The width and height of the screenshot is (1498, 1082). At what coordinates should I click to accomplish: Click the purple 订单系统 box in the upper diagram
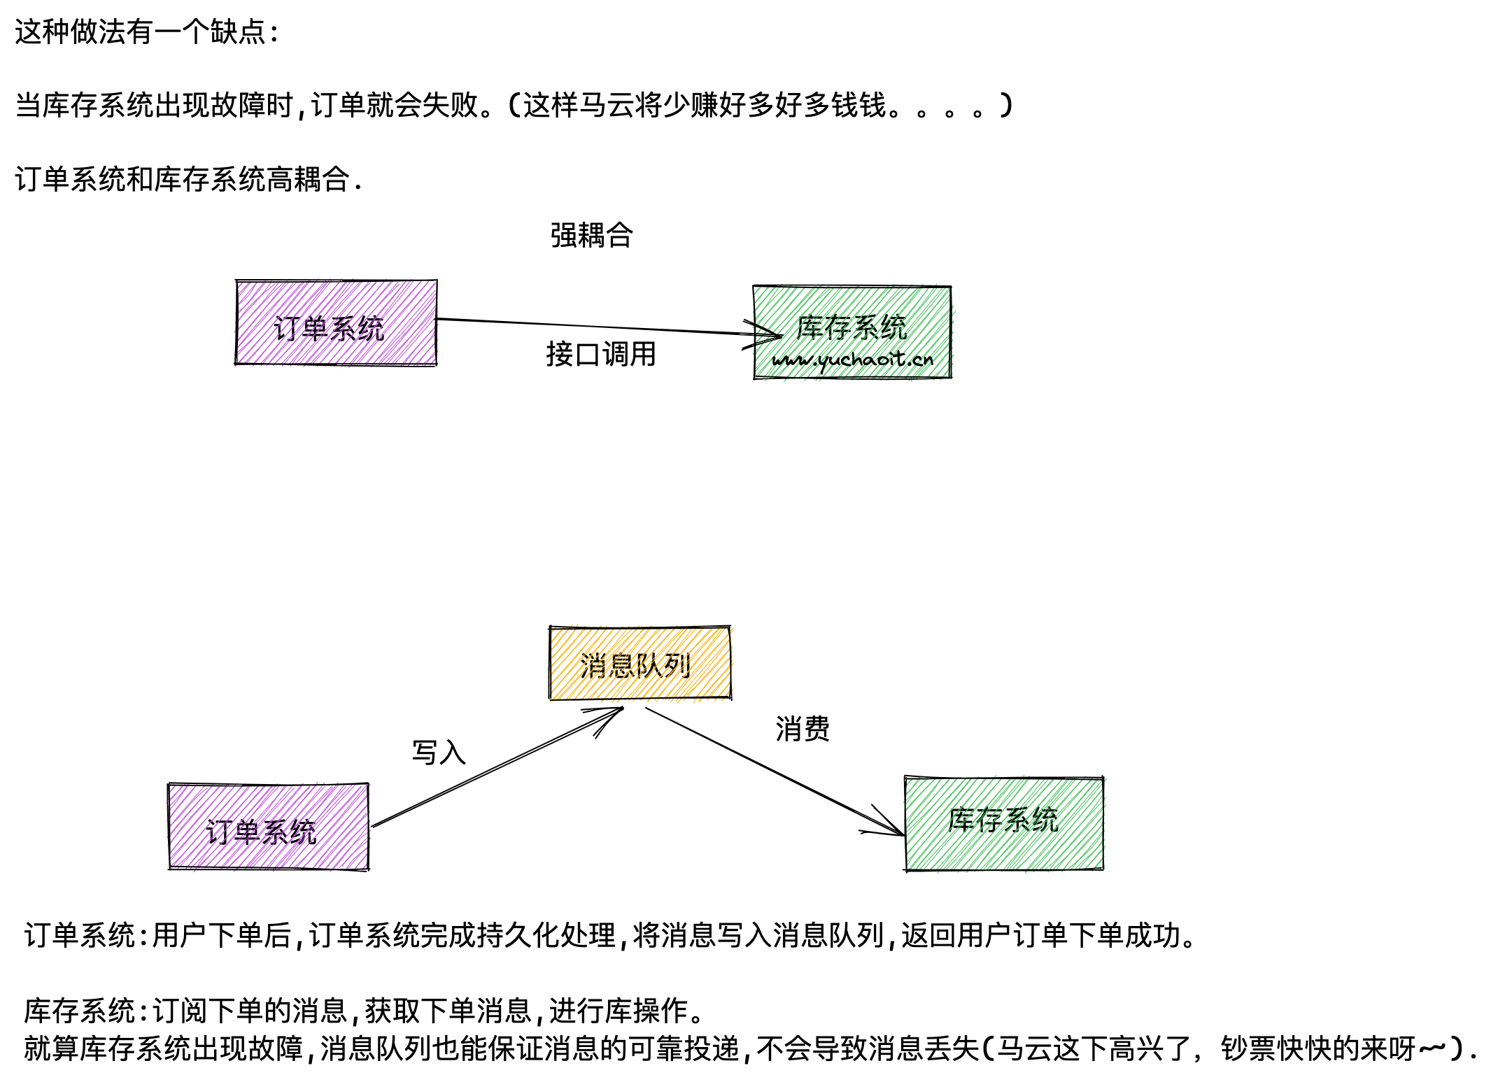click(336, 322)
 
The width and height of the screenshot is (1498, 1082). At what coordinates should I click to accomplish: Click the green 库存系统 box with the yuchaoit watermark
click(852, 332)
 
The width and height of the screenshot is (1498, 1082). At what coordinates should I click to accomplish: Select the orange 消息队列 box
click(640, 663)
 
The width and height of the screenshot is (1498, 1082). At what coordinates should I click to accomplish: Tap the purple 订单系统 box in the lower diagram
click(268, 827)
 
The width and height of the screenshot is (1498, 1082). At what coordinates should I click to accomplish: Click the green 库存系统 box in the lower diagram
click(1003, 824)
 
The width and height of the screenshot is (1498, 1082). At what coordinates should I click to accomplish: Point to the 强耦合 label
click(591, 235)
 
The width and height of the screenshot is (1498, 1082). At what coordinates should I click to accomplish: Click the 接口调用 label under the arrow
click(600, 354)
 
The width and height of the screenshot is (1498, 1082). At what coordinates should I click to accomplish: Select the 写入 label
click(439, 753)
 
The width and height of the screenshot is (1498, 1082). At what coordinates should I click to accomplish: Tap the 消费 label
click(802, 729)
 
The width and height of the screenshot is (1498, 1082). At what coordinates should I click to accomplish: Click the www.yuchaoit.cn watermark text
click(852, 360)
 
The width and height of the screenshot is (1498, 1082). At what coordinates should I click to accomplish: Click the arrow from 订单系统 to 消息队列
click(497, 768)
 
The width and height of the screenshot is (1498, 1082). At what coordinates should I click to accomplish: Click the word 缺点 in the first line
click(238, 32)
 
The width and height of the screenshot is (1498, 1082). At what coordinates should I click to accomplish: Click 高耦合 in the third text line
click(308, 180)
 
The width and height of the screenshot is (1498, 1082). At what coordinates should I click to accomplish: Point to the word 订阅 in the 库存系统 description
click(180, 1011)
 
